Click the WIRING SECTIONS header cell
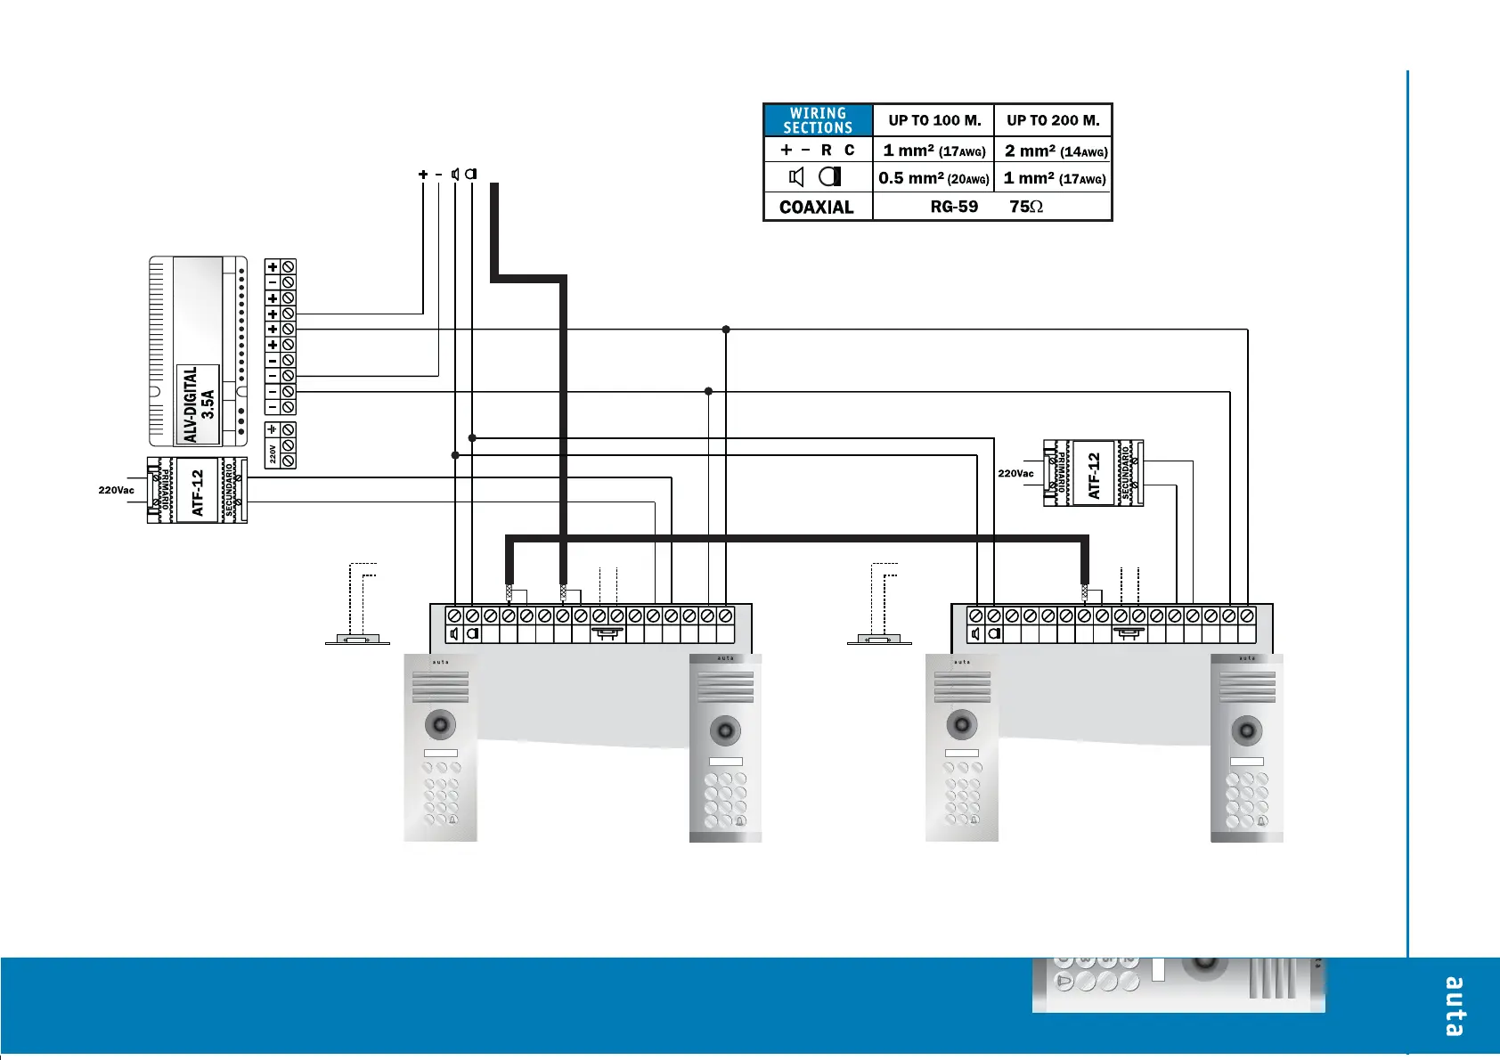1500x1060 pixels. (818, 120)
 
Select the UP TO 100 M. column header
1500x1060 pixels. (934, 120)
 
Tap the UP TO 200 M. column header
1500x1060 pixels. (1053, 120)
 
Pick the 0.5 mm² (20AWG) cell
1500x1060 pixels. (933, 178)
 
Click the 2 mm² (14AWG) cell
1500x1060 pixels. (1056, 151)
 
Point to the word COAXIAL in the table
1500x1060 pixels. (816, 207)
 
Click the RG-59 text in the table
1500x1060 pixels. (954, 207)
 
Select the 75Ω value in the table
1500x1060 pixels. (1026, 207)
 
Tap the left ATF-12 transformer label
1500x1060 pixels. (198, 493)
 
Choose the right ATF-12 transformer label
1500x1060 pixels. (1094, 475)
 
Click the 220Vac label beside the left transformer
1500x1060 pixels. (116, 490)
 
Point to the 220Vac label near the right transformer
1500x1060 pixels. (1015, 473)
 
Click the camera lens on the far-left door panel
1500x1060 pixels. (440, 724)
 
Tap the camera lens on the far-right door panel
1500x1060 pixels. (1246, 732)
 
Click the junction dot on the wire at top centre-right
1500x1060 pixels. (726, 330)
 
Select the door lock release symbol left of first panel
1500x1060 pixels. (357, 639)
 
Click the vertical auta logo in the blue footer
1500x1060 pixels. (1454, 1007)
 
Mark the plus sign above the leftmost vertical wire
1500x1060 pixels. (423, 175)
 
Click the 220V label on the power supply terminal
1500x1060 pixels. (273, 454)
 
